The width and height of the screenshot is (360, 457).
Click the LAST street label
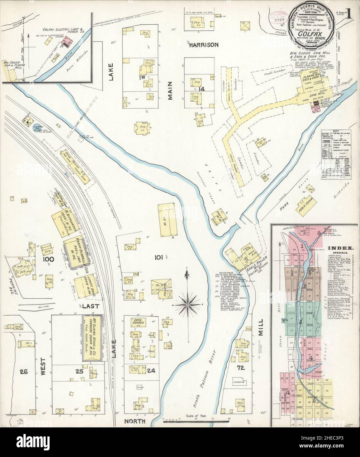point(89,305)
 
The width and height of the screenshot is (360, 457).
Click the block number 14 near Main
point(201,89)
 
